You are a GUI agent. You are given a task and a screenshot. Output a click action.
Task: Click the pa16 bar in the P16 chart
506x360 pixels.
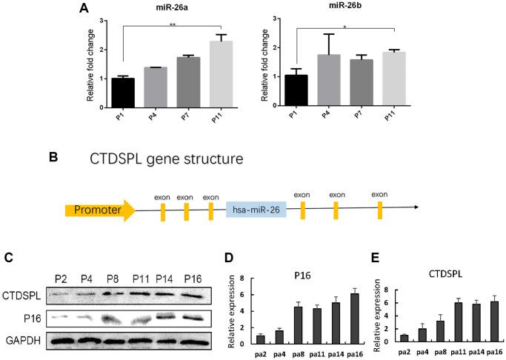(354, 318)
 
